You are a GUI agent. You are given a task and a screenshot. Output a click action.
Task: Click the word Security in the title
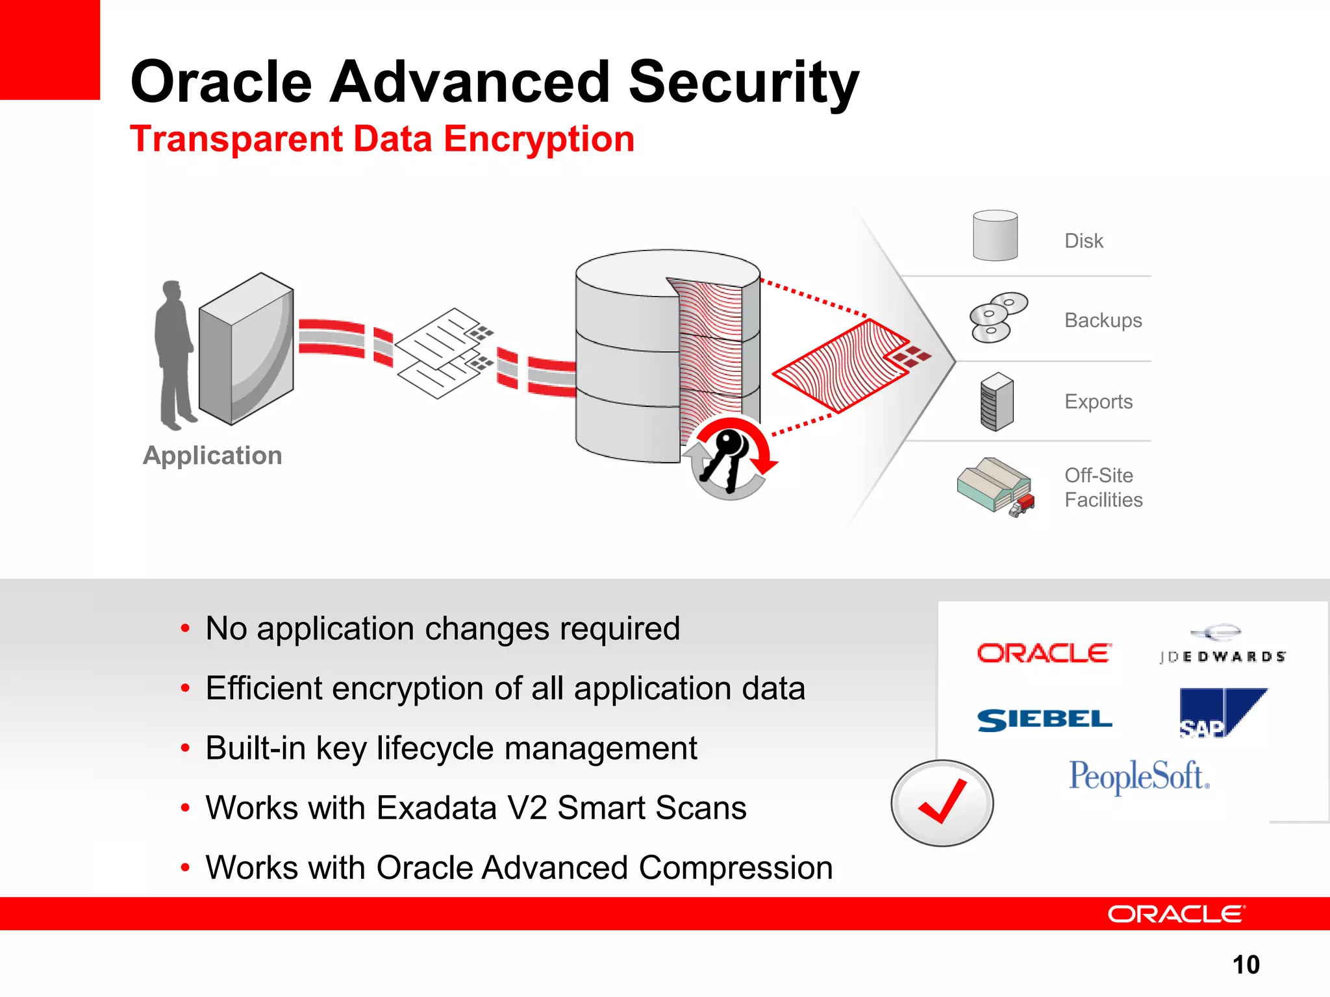click(x=744, y=82)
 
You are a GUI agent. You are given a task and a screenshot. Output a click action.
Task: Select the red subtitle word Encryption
click(x=538, y=140)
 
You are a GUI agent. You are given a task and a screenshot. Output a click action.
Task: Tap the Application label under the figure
click(x=212, y=456)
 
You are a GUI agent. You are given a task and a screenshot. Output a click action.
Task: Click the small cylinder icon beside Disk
click(x=995, y=236)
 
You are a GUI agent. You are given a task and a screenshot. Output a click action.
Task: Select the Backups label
click(x=1103, y=320)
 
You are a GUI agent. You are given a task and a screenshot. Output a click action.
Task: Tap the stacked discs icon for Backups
click(x=997, y=317)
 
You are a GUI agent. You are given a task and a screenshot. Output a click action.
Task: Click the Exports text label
click(x=1098, y=402)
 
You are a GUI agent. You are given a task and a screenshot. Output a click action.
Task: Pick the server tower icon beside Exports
click(x=997, y=402)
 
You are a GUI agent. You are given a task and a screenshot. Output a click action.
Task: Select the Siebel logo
click(x=1044, y=720)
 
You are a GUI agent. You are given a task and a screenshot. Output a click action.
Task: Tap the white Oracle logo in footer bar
click(x=1175, y=914)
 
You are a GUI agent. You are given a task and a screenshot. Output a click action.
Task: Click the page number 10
click(x=1246, y=965)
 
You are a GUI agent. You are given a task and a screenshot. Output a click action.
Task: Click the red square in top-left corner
click(x=49, y=49)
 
